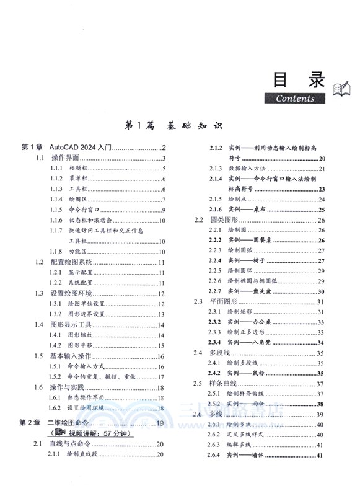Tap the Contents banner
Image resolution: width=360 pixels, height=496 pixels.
[295, 98]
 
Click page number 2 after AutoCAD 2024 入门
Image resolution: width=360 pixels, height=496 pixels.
[164, 148]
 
